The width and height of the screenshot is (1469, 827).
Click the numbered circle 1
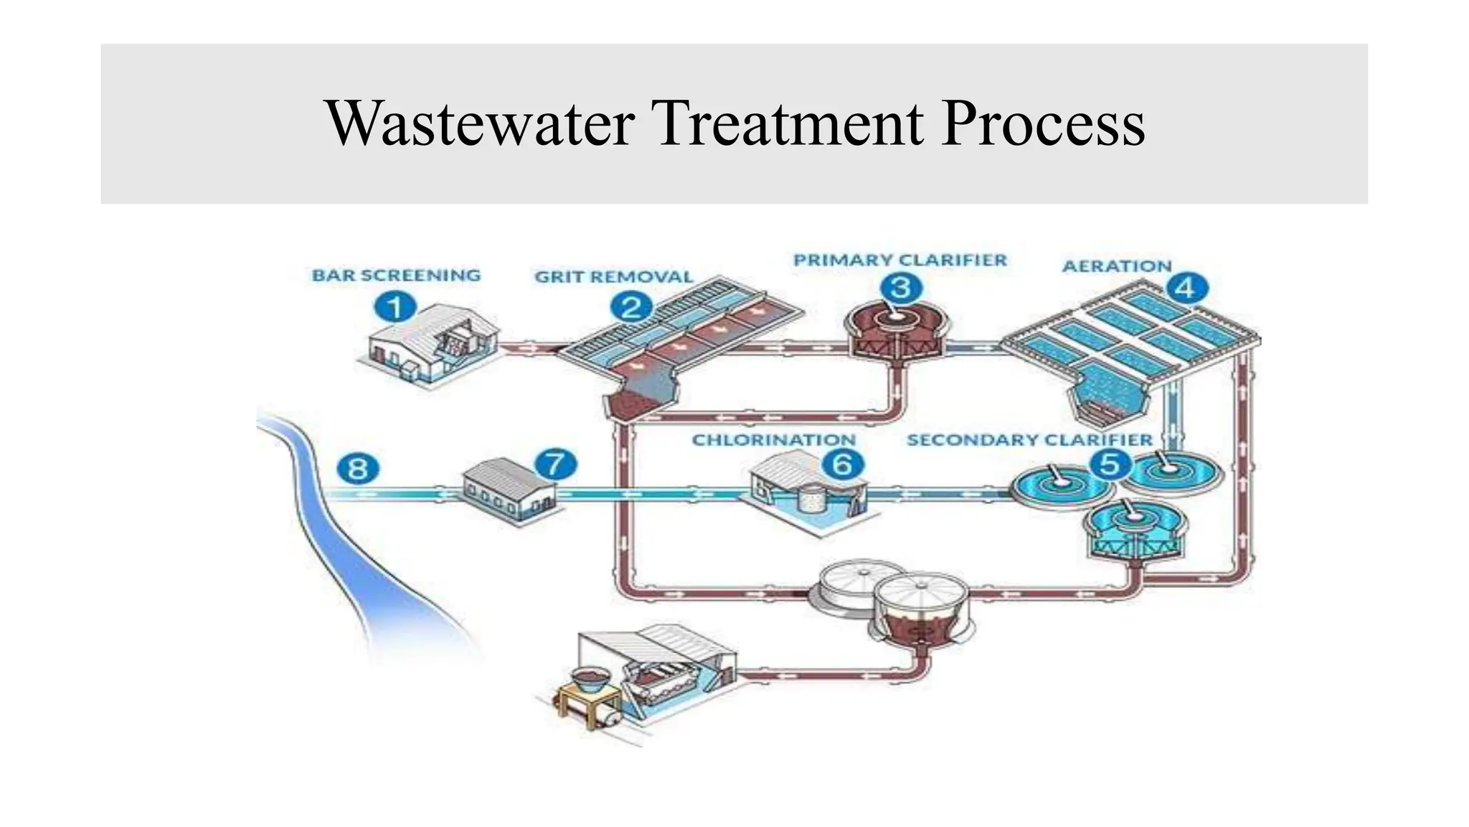[x=395, y=308]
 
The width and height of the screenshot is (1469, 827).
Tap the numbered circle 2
[x=631, y=308]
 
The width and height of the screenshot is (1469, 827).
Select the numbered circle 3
[x=901, y=289]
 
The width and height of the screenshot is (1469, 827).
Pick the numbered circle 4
[x=1187, y=289]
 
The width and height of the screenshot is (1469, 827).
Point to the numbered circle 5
[x=1110, y=464]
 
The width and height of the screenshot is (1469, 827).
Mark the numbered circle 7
[x=556, y=464]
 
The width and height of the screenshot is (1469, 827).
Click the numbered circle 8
[x=358, y=469]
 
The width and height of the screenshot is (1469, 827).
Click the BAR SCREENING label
[x=396, y=276]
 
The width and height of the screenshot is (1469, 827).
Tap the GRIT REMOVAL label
[x=614, y=277]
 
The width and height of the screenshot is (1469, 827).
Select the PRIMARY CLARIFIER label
[x=900, y=260]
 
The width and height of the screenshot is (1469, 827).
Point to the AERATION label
[x=1116, y=266]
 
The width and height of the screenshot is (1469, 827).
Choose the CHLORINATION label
[x=773, y=439]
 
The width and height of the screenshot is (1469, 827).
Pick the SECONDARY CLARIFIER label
[x=1029, y=439]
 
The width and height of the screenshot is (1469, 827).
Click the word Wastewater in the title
[x=480, y=123]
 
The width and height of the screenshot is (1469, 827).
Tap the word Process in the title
[x=1043, y=123]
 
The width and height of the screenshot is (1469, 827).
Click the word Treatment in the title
[x=788, y=123]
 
